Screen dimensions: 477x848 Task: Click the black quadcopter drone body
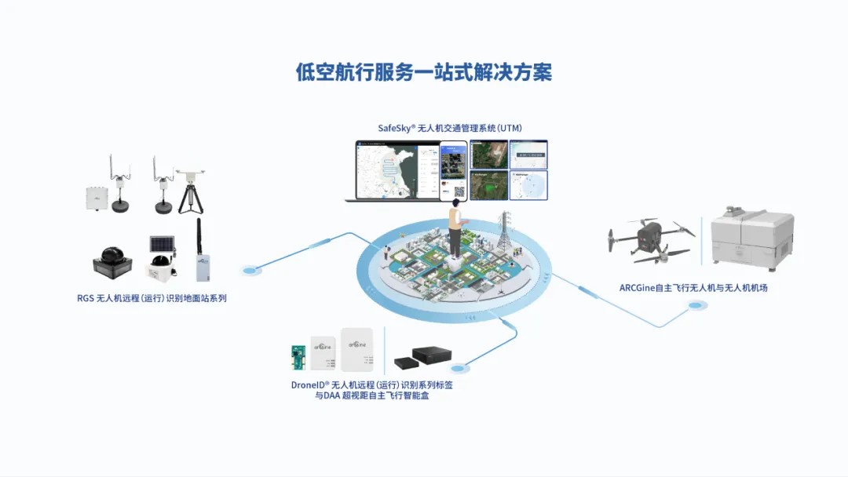(x=649, y=235)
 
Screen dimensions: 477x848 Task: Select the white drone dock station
(x=751, y=235)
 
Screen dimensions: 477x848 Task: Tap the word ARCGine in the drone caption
(x=637, y=288)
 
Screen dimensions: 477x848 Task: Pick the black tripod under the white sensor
(x=188, y=198)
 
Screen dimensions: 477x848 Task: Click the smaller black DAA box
(x=404, y=362)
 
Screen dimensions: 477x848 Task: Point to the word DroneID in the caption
(x=308, y=385)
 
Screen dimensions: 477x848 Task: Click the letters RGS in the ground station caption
(x=85, y=298)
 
